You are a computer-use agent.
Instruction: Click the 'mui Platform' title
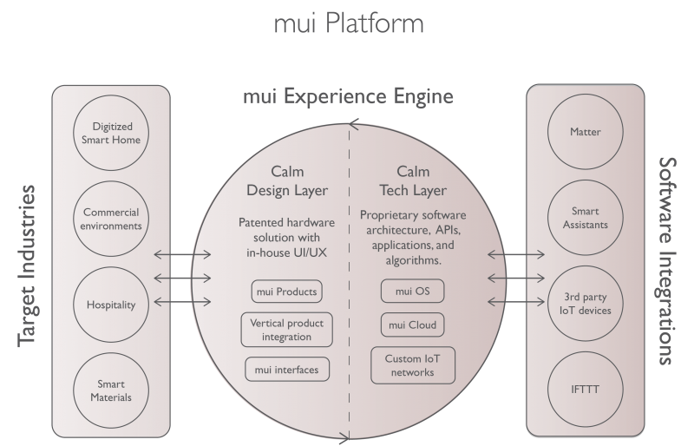pos(348,23)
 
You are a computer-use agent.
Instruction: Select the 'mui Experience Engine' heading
pos(348,96)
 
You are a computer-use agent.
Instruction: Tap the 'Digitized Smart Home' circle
pos(112,132)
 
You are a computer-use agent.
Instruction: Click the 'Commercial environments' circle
pos(112,218)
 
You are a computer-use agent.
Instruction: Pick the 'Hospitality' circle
pos(112,304)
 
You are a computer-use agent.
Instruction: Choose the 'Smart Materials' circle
pos(112,390)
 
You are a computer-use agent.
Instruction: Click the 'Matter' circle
pos(586,132)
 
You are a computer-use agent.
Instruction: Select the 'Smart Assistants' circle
pos(586,218)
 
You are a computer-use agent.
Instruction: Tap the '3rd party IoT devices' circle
pos(586,304)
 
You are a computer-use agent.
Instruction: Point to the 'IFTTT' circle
pos(586,390)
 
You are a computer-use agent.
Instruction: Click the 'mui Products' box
pos(285,290)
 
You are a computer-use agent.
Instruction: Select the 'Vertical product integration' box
pos(285,329)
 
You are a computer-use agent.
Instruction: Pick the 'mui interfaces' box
pos(285,369)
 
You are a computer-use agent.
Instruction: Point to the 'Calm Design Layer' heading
pos(285,180)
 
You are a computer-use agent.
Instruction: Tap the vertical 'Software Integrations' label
pos(667,261)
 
